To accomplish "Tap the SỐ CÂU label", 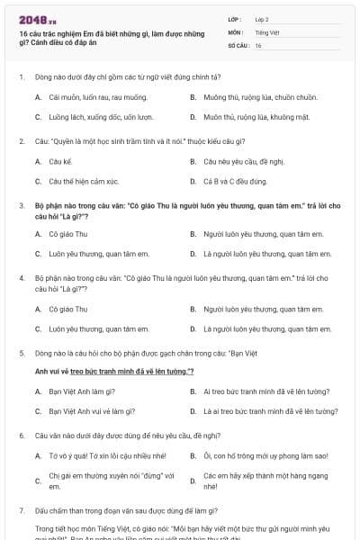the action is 238,45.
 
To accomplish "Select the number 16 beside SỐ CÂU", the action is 258,45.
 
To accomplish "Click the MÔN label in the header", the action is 236,32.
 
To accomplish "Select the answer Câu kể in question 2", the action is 60,162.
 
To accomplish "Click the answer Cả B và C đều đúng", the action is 235,182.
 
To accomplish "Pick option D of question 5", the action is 270,411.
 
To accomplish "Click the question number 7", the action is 22,510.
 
